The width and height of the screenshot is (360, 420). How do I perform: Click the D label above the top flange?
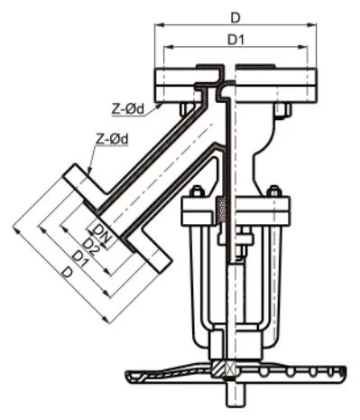click(235, 18)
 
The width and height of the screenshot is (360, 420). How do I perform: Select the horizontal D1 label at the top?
click(235, 40)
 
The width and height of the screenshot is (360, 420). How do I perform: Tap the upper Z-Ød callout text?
click(128, 109)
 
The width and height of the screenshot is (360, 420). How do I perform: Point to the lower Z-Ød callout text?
click(112, 139)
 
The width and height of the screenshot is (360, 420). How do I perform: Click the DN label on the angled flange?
click(102, 233)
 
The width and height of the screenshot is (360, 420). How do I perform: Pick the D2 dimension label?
click(91, 247)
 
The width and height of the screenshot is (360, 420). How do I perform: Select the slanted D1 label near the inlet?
click(80, 259)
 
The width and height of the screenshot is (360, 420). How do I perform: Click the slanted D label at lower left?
click(68, 273)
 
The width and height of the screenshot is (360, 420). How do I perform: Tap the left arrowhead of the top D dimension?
click(160, 25)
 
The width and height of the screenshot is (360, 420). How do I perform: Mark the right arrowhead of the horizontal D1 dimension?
click(303, 47)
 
